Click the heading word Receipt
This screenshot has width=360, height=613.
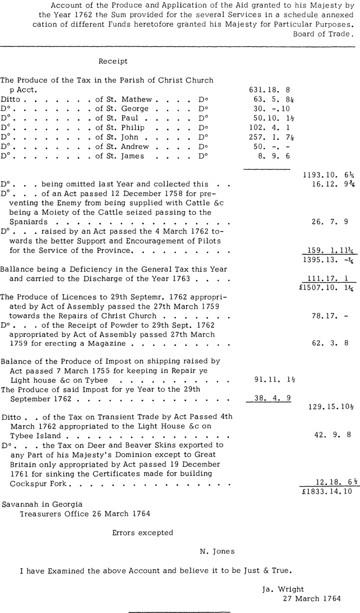coord(113,62)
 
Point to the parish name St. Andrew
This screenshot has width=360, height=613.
coord(126,147)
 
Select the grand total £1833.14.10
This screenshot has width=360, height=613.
coord(328,492)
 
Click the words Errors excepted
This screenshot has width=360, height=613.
coord(142,533)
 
